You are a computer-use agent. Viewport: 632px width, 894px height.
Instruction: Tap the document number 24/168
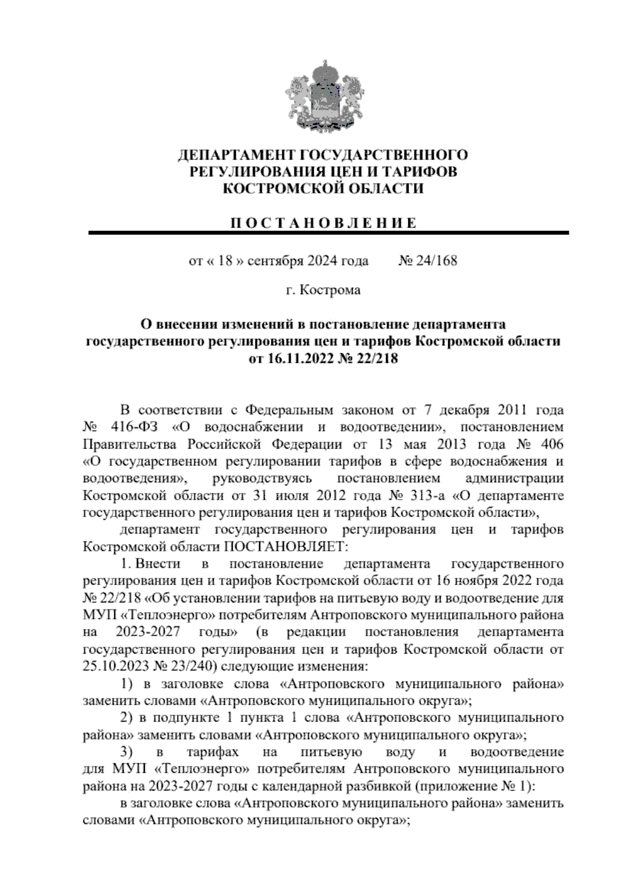tap(436, 261)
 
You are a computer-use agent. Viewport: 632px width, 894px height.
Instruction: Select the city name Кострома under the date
tap(331, 290)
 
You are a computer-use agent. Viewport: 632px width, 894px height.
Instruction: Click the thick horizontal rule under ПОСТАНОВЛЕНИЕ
tap(328, 233)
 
